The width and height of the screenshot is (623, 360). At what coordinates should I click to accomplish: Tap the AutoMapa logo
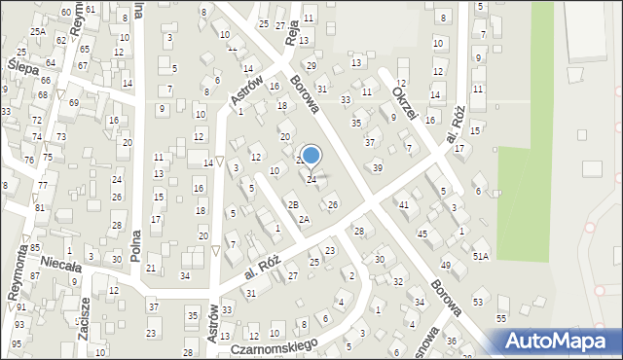tap(558, 342)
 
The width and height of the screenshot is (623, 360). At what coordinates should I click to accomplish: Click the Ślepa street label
tap(21, 69)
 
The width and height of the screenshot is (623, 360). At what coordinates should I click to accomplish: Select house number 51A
tap(481, 256)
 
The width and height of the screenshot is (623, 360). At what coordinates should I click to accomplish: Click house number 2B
tap(292, 204)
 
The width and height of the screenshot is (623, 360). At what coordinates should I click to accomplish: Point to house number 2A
tap(304, 220)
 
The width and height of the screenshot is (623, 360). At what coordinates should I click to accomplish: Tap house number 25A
tap(37, 31)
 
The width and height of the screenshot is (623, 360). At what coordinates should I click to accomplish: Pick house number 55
tap(501, 318)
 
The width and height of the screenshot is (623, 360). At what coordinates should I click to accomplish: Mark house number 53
tap(478, 303)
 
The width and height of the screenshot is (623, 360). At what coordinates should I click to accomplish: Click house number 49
tap(445, 266)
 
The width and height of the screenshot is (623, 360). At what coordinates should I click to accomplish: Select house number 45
tap(422, 234)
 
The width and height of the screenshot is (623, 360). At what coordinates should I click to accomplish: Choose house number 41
tap(403, 204)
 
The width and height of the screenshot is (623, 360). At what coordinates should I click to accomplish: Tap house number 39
tap(378, 168)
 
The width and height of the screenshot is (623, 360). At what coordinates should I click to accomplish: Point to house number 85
tap(34, 248)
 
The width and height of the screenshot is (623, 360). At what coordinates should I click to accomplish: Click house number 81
tap(40, 208)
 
